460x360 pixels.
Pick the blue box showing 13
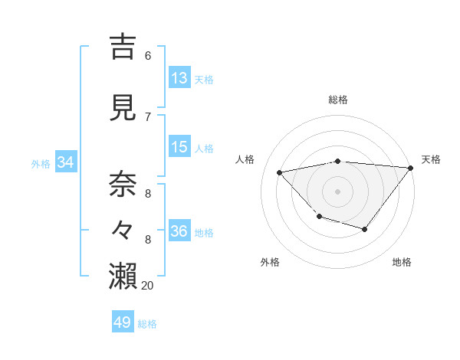[179, 77]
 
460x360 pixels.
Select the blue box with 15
[179, 147]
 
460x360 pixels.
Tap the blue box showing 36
[179, 231]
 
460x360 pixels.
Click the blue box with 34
[65, 162]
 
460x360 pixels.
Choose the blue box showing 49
[123, 322]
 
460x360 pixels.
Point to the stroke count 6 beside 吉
[147, 55]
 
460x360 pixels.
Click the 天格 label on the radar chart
[431, 159]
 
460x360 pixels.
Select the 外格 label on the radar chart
[270, 262]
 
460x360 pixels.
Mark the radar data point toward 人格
[280, 172]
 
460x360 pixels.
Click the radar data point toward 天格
[411, 168]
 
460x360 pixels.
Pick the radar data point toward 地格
[365, 229]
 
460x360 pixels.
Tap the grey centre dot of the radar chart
[337, 191]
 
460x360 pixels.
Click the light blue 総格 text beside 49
[148, 324]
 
